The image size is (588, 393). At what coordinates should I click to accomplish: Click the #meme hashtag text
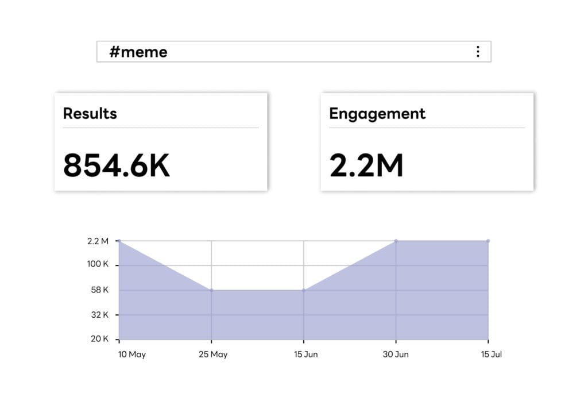[138, 52]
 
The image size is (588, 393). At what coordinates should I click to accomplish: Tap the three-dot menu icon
[478, 52]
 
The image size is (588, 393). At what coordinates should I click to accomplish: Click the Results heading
[90, 113]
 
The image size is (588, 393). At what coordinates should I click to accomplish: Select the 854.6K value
[117, 165]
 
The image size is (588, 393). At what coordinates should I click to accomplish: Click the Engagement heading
[377, 114]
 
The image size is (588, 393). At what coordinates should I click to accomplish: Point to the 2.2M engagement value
[366, 165]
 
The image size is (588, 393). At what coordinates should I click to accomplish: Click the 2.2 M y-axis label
[98, 241]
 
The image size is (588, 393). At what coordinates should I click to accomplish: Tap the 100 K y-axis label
[98, 265]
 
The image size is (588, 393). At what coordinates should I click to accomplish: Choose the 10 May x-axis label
[131, 355]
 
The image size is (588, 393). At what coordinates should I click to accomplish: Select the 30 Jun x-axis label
[396, 355]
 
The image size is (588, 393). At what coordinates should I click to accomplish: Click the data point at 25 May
[211, 290]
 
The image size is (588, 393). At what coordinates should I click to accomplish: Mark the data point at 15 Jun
[304, 290]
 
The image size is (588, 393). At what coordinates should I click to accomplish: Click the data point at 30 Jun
[396, 241]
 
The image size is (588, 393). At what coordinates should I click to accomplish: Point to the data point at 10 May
[119, 241]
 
